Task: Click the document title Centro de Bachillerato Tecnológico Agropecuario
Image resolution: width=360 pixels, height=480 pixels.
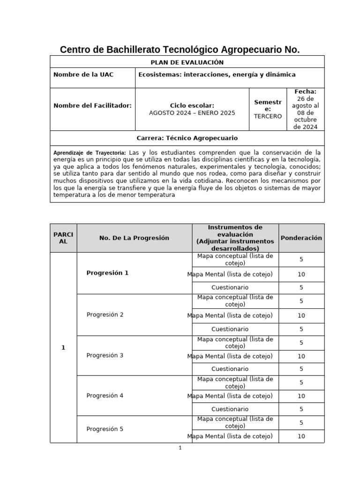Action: click(180, 49)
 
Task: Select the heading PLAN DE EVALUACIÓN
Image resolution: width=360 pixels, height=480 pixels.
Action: click(187, 62)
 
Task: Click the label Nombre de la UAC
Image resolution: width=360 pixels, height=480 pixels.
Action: click(83, 75)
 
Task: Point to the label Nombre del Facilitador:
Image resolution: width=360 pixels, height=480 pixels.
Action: click(92, 106)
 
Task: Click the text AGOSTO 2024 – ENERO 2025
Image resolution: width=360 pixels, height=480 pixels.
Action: click(192, 113)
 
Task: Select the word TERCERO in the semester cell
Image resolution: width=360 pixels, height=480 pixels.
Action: click(268, 116)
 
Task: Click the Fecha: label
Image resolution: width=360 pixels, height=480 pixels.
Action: click(305, 92)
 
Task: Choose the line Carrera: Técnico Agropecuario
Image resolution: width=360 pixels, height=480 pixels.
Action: click(187, 138)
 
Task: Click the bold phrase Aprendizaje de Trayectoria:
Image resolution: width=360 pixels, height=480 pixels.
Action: click(90, 153)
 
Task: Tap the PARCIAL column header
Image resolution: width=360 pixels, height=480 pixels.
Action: click(63, 238)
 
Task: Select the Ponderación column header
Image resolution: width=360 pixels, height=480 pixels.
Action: click(301, 238)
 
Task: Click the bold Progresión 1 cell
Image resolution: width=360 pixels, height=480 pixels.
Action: click(107, 273)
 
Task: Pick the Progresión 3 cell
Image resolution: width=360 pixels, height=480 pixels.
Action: click(105, 355)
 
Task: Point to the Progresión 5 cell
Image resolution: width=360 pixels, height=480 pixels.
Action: click(105, 429)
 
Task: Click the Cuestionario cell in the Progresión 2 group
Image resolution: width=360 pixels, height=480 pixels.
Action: click(230, 329)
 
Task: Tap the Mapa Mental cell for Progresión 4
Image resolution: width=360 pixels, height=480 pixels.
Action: click(230, 396)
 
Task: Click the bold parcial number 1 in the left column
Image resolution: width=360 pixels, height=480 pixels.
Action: click(63, 347)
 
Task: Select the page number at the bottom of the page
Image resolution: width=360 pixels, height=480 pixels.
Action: click(180, 448)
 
